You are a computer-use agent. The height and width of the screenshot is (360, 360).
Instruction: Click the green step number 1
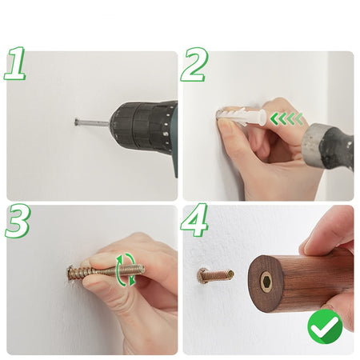pyautogui.click(x=14, y=63)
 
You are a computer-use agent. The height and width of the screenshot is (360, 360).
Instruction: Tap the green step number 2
pyautogui.click(x=194, y=65)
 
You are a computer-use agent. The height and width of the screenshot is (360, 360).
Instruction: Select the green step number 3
pyautogui.click(x=18, y=222)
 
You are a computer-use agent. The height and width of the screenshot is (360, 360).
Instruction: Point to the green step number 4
pyautogui.click(x=194, y=220)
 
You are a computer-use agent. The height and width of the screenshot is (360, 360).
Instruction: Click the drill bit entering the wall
pyautogui.click(x=92, y=123)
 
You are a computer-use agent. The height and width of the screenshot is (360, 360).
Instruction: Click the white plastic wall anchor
pyautogui.click(x=241, y=116)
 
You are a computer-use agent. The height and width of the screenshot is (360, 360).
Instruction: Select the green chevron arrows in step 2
pyautogui.click(x=286, y=118)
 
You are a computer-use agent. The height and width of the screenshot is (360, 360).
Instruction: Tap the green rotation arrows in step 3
pyautogui.click(x=126, y=270)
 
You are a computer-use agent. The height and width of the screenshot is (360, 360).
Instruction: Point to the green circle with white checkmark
pyautogui.click(x=325, y=326)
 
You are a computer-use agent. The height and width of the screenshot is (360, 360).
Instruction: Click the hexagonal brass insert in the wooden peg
pyautogui.click(x=266, y=282)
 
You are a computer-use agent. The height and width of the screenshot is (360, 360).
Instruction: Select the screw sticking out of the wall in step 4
pyautogui.click(x=215, y=275)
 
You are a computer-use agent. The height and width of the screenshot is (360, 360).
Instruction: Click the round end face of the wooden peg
pyautogui.click(x=266, y=283)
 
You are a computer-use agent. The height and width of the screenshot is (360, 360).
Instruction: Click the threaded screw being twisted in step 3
pyautogui.click(x=106, y=272)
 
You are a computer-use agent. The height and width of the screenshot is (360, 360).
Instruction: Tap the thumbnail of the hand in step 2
pyautogui.click(x=226, y=124)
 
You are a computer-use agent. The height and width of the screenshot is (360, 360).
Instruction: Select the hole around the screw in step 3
pyautogui.click(x=70, y=274)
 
